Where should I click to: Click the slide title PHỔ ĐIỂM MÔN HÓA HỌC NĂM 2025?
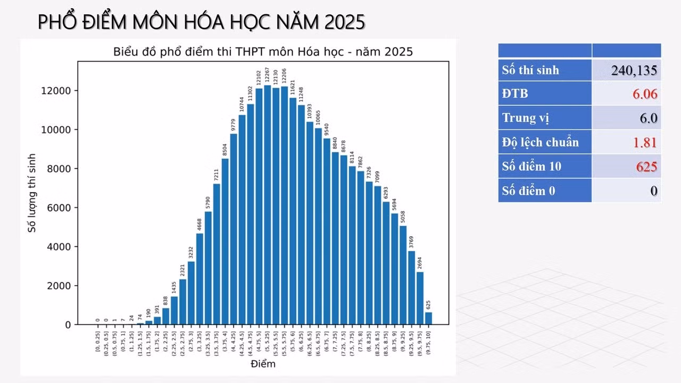click(202, 22)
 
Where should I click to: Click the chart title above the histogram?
click(263, 52)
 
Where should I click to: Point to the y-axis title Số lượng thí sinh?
click(32, 193)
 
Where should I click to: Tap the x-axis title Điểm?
click(263, 364)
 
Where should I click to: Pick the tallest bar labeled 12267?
click(268, 205)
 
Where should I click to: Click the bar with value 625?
click(429, 318)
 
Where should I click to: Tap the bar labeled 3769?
click(412, 288)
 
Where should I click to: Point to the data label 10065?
click(318, 117)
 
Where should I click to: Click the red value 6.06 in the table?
click(645, 95)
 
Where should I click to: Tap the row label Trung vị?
click(522, 118)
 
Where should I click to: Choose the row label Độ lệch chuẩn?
click(540, 143)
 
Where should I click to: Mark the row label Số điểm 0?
click(528, 191)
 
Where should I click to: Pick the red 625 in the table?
click(646, 167)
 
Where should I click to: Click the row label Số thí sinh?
click(530, 70)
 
